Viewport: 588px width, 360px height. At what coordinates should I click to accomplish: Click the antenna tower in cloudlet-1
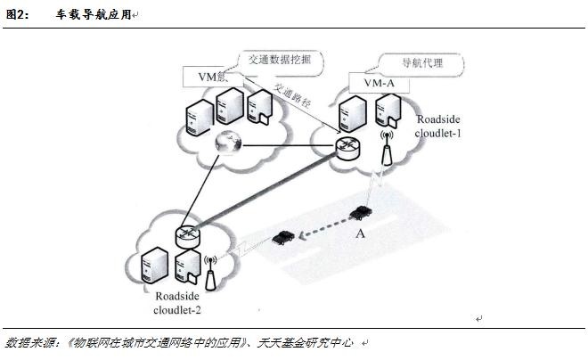click(387, 151)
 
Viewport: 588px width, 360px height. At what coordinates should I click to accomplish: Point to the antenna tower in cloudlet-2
click(210, 274)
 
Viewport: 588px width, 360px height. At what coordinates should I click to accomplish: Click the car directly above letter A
click(360, 213)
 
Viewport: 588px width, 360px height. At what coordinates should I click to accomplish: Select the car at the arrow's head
click(282, 236)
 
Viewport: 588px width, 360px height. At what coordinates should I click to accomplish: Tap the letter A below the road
click(360, 233)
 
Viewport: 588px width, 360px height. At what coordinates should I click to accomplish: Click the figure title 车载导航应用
click(89, 15)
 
